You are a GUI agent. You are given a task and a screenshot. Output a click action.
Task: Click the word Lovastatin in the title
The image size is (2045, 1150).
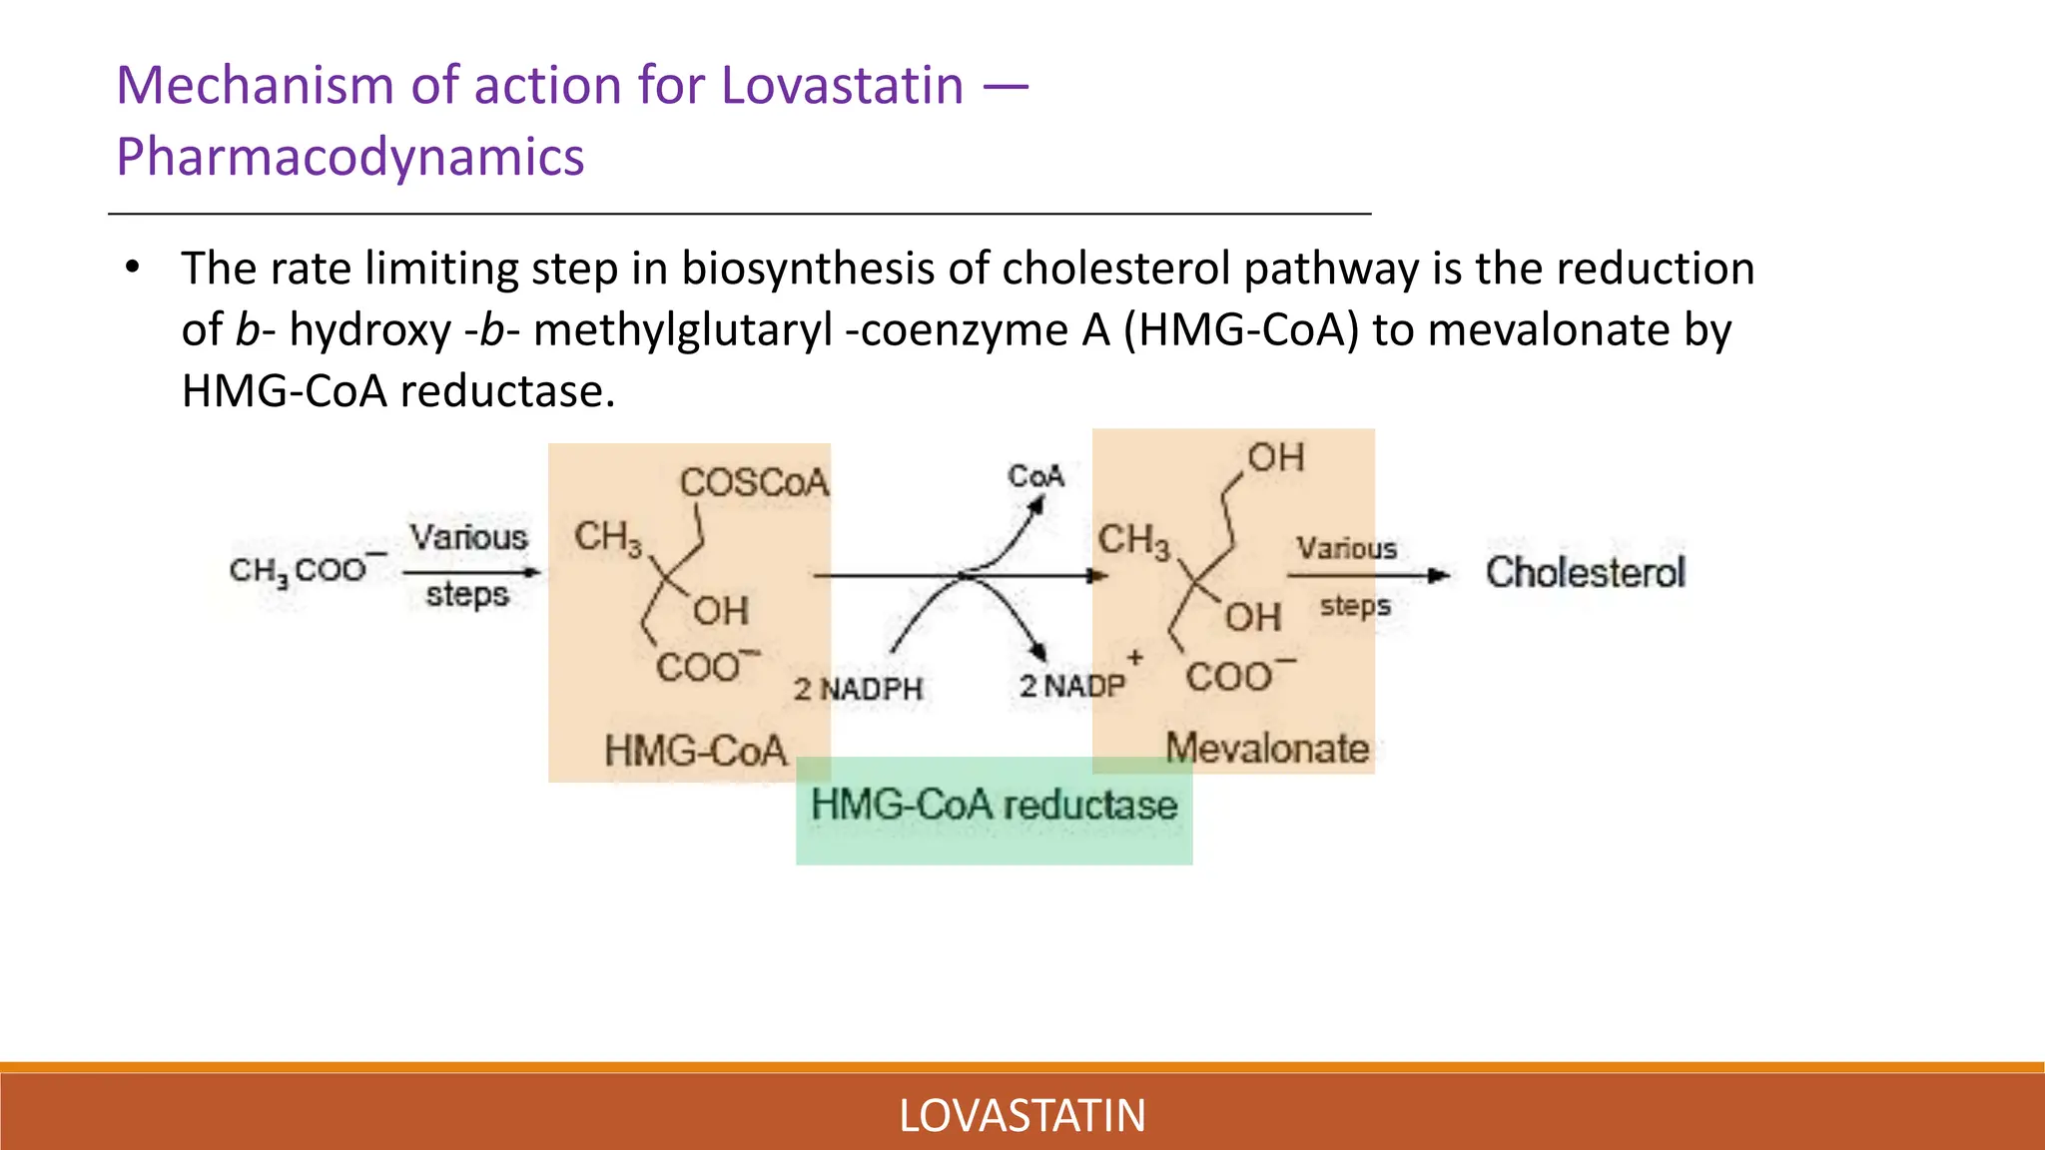point(842,86)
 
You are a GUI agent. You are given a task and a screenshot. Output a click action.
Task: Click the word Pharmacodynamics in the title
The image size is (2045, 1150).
point(349,158)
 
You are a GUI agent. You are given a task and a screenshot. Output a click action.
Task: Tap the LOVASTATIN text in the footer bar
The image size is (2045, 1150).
point(1022,1116)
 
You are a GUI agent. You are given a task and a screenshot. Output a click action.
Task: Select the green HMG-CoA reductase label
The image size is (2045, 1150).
point(994,806)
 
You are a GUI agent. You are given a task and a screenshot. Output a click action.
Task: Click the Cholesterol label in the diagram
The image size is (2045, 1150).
point(1585,573)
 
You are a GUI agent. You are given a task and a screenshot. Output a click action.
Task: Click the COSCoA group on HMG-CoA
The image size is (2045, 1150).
point(754,483)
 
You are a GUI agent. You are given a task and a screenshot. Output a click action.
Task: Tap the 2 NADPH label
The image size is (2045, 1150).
point(858,689)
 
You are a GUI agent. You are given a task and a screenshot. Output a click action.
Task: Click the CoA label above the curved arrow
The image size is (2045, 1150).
point(1035,477)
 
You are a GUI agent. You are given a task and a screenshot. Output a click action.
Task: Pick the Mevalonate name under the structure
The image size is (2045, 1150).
point(1267,749)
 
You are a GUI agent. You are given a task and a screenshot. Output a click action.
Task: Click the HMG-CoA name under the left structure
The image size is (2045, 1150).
point(695,751)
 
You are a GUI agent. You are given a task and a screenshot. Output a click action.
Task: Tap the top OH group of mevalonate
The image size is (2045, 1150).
point(1275,458)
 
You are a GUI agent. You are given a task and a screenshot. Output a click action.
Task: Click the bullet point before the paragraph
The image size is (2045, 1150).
point(132,269)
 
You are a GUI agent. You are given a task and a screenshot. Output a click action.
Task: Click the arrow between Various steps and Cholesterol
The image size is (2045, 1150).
point(1368,576)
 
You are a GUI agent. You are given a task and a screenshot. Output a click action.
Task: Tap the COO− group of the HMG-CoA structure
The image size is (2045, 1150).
point(706,666)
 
